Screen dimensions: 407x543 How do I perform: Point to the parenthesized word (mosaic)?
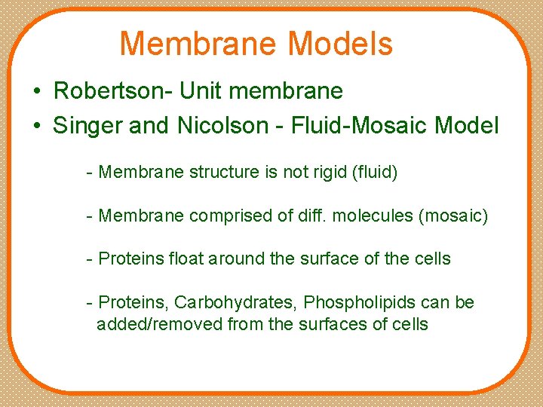point(453,216)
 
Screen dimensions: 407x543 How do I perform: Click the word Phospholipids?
point(360,303)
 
